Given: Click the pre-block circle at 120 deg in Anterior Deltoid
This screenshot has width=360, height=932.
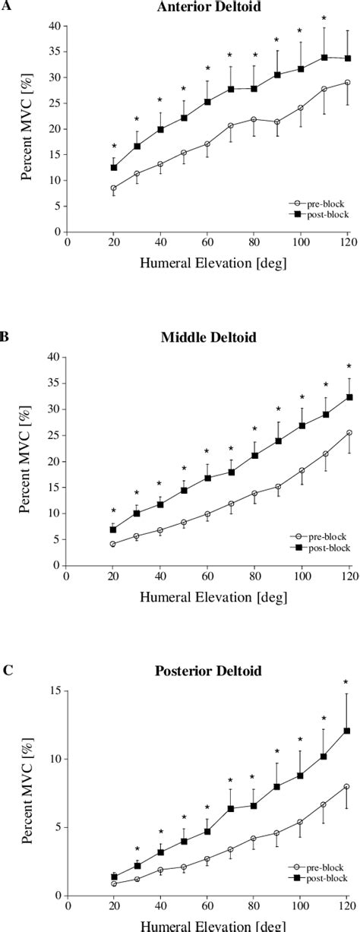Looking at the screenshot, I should click(x=347, y=82).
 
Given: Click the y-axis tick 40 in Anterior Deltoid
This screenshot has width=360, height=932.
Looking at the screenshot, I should click(x=52, y=26).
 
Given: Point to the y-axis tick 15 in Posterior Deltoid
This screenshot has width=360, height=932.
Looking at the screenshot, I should click(x=55, y=690).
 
